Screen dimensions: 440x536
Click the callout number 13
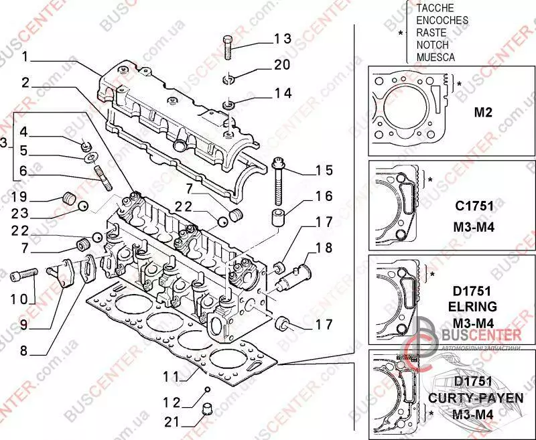tap(282, 39)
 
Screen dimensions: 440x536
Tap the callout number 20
tap(282, 65)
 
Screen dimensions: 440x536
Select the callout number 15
tap(324, 170)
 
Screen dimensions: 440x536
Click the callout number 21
tap(174, 421)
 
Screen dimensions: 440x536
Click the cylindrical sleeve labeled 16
tap(278, 218)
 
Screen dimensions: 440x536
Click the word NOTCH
tap(431, 44)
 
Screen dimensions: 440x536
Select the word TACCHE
tap(435, 7)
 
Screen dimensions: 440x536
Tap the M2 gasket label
tap(483, 112)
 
